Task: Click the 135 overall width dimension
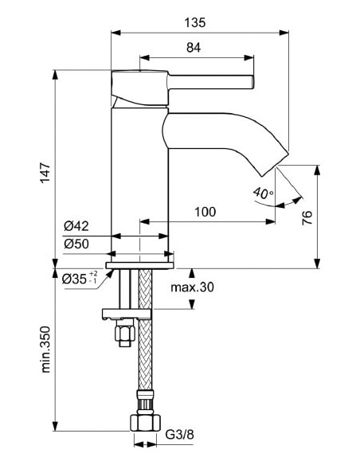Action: [x=198, y=23]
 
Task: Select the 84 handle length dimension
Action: [x=193, y=48]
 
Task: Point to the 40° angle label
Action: [x=262, y=193]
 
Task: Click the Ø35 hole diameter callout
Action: [x=78, y=279]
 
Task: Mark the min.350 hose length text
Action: [x=45, y=349]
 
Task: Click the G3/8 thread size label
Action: [x=180, y=436]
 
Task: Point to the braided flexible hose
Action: [x=144, y=350]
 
